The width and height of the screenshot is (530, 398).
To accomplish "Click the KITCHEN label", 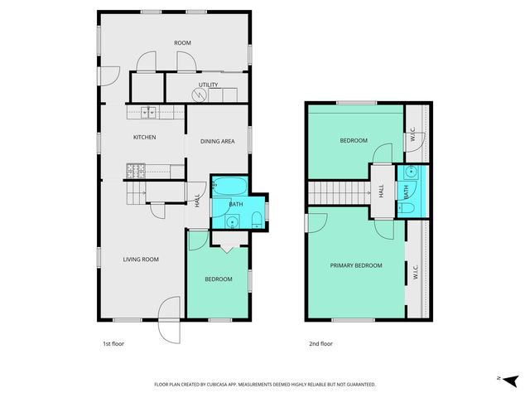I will click(145, 138).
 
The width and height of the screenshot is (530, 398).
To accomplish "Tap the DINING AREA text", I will click(218, 141).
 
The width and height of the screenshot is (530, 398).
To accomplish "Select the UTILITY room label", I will click(208, 85).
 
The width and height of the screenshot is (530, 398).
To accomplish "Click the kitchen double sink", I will click(149, 111).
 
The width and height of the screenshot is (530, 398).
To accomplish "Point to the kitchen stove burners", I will click(135, 171).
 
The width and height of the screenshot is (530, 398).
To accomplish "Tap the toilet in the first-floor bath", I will click(257, 219).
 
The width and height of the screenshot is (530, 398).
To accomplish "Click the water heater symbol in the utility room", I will click(198, 95).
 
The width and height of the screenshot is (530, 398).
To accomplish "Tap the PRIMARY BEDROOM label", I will click(356, 265).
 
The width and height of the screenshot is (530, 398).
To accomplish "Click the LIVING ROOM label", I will click(141, 260).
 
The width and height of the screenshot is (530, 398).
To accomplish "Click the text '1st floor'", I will click(103, 342).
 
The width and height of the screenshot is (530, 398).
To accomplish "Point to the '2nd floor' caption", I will click(320, 342).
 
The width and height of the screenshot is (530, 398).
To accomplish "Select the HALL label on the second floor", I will click(382, 190).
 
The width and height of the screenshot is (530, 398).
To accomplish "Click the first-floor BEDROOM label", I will click(219, 279).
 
